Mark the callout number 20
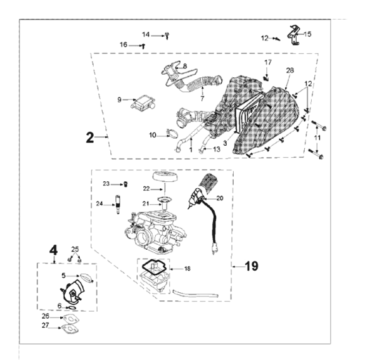coord(219,198)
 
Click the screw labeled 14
coord(166,35)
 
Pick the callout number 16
coord(124,45)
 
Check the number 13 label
coord(217,149)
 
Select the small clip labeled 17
coord(266,76)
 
